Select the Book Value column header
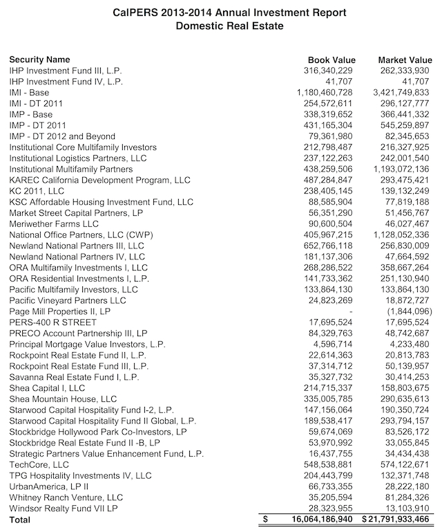(x=329, y=60)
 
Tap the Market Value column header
(x=405, y=60)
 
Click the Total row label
(x=20, y=520)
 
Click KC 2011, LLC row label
(x=37, y=191)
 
